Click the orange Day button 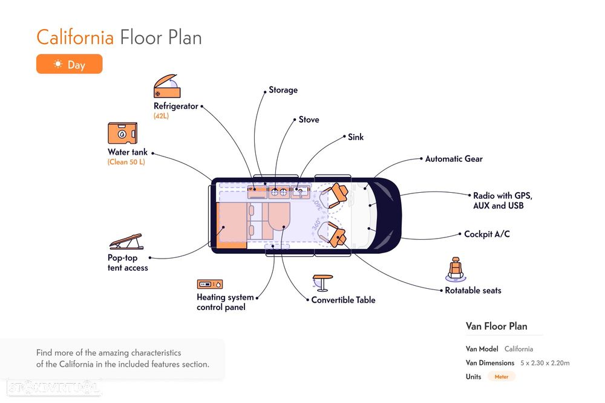[69, 64]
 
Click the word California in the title [75, 37]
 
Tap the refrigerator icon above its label [167, 88]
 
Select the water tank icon [122, 134]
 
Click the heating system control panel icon [210, 284]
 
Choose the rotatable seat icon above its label [456, 269]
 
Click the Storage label [283, 90]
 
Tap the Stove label [309, 120]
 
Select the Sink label [356, 137]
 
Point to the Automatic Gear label [454, 159]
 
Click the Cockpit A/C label [486, 234]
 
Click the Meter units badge [502, 376]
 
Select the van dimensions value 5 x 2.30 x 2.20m [544, 363]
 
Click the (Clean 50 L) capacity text [126, 162]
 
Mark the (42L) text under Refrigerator [161, 115]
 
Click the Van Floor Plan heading [496, 326]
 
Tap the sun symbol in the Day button [58, 64]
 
